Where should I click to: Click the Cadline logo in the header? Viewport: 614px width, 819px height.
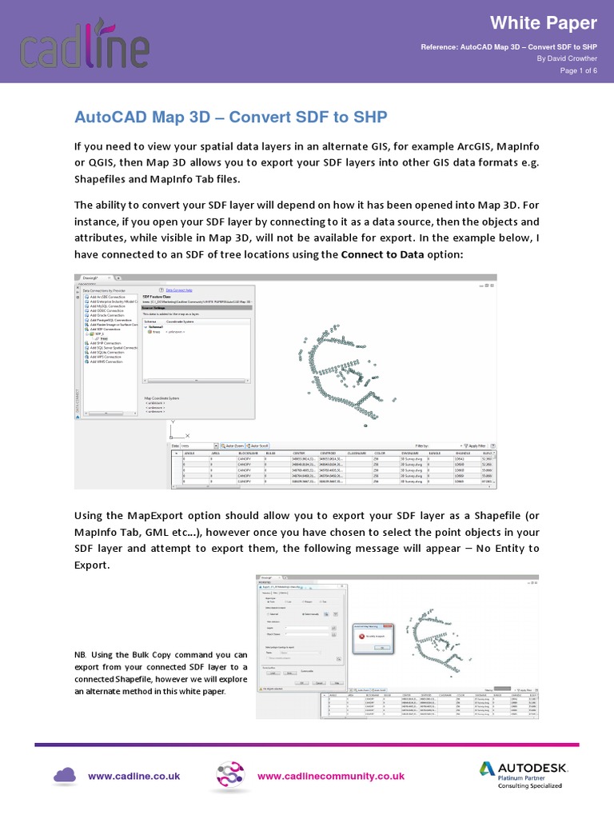coord(84,44)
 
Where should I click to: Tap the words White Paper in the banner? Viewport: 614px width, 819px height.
coord(555,22)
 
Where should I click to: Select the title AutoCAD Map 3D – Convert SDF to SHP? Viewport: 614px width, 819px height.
coord(230,118)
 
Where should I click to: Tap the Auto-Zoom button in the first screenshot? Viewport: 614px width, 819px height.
coord(232,445)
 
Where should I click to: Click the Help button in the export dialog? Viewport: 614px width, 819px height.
coord(337,682)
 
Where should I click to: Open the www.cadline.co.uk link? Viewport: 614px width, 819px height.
coord(134,776)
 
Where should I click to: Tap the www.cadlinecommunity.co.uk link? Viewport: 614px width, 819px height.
coord(330,776)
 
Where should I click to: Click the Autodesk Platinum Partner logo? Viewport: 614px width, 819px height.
coord(523,773)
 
